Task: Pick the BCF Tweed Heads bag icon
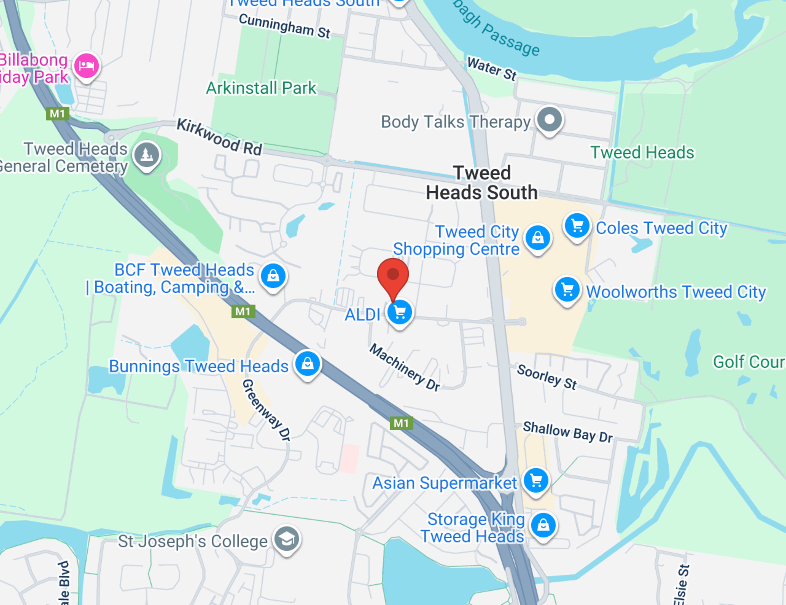273,276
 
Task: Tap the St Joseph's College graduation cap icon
287,539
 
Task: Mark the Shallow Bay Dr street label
568,432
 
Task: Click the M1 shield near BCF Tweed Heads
243,311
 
